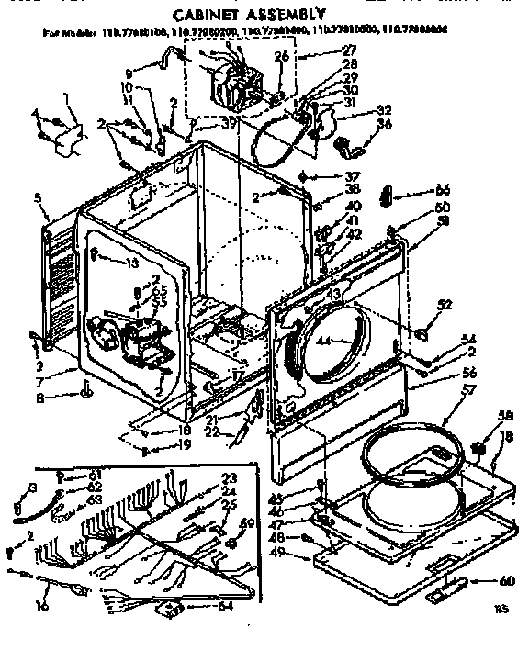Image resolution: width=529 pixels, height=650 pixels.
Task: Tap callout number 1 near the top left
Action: tap(65, 98)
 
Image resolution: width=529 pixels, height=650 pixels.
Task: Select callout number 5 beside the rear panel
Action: tap(38, 196)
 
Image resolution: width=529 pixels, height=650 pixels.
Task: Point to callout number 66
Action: tap(444, 190)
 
